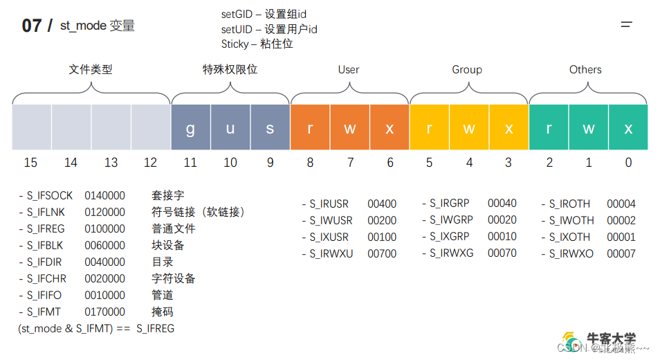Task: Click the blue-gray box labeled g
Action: point(190,127)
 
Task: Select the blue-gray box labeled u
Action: point(230,127)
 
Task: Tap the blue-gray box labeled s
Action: point(270,127)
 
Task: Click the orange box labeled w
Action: point(350,127)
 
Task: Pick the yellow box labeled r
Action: point(430,127)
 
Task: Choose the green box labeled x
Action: point(628,127)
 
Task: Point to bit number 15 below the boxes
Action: point(30,163)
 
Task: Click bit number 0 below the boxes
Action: point(628,163)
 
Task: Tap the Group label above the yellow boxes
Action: point(467,70)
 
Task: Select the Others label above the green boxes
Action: point(585,70)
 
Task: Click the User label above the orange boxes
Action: point(349,70)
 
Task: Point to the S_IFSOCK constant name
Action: point(49,196)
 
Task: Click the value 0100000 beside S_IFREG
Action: point(105,229)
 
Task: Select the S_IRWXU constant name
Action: point(331,254)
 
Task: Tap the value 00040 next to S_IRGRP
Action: point(502,204)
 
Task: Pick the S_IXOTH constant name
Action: point(569,237)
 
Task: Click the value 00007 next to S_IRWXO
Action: point(621,254)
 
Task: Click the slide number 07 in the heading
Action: point(32,26)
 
